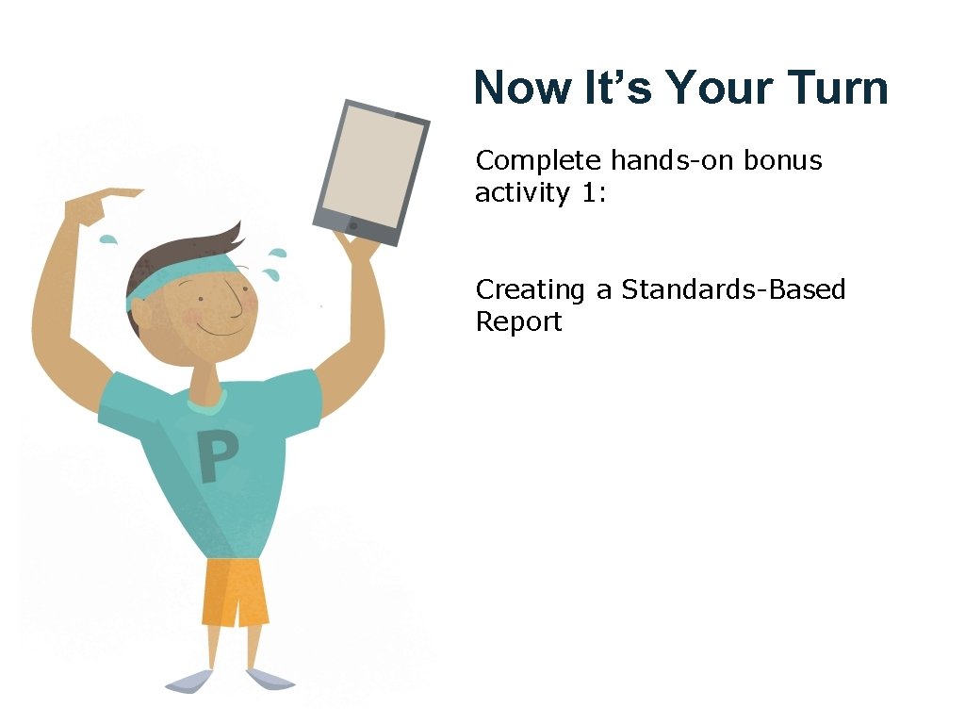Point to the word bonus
(x=782, y=160)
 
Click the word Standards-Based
(x=733, y=289)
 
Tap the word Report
(x=518, y=321)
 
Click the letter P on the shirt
(x=218, y=457)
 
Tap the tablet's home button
(x=353, y=226)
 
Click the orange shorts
(x=234, y=591)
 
